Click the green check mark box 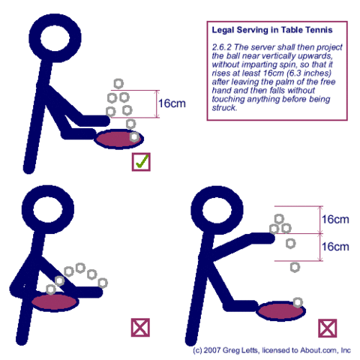[x=140, y=161]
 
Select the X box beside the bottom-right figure [x=327, y=328]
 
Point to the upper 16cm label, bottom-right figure [x=335, y=220]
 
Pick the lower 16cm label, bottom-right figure [x=335, y=247]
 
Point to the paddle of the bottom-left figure [x=57, y=300]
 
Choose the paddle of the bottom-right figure [x=280, y=310]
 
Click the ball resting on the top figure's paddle [x=134, y=137]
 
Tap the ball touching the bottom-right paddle [x=298, y=301]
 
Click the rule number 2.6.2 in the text [x=220, y=46]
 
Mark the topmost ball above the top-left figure [x=118, y=83]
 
